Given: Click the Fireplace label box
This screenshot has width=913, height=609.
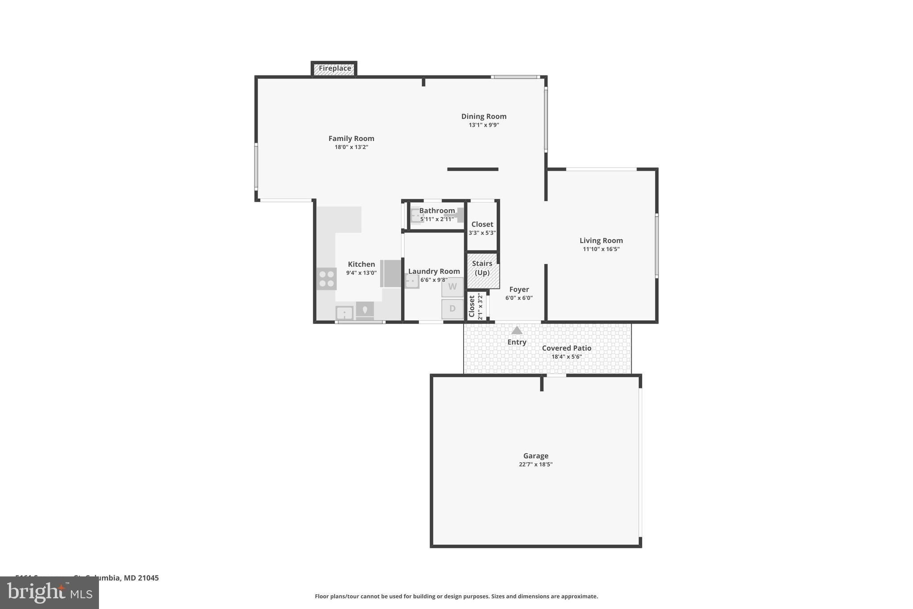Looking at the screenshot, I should point(334,69).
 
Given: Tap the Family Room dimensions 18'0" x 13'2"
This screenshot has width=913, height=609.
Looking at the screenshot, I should point(351,147).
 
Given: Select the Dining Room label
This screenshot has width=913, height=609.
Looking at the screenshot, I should point(484,116).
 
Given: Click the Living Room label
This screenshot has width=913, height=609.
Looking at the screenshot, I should point(601,240).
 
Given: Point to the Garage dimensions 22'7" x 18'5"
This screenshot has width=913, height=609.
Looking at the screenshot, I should point(535,464).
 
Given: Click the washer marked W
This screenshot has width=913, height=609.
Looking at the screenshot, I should point(452,287).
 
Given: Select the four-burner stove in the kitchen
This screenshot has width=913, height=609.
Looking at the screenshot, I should point(326,279).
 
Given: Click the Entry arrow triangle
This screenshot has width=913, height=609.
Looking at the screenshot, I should point(517,331).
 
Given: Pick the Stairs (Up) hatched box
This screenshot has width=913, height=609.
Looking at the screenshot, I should point(482,270).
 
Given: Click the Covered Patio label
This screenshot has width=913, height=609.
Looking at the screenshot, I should point(567,348).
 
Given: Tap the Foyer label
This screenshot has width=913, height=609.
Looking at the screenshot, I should point(519,290).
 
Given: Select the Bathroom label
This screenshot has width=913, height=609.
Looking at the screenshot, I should point(437,211).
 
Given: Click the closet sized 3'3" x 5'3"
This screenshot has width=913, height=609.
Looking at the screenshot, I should point(482,228).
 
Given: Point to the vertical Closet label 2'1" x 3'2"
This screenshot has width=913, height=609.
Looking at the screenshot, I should point(475,306).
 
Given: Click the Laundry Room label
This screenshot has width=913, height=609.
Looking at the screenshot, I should point(434,271).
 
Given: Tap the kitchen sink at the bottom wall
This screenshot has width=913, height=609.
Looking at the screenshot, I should point(345,313).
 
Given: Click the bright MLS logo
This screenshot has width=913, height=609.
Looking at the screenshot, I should point(49,593).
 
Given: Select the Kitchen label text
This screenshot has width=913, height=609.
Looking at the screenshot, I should point(361,264).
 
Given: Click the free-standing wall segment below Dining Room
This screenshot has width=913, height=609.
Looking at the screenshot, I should point(473,169).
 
